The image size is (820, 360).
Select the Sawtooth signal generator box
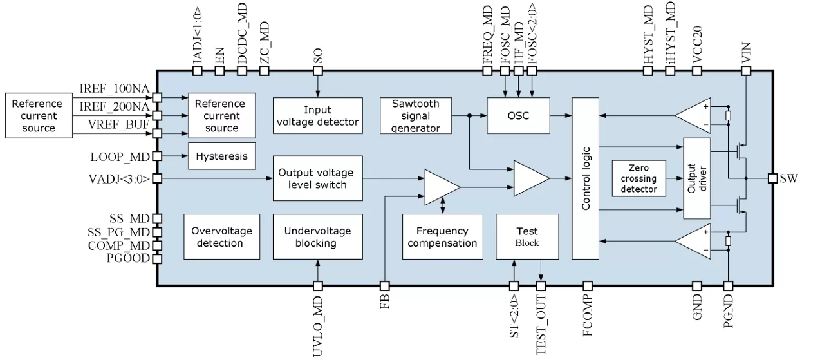tap(416, 116)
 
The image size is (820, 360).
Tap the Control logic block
tap(586, 178)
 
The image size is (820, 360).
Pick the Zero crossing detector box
tap(639, 178)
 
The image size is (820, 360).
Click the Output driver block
tap(696, 178)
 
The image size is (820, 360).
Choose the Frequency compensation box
tap(442, 237)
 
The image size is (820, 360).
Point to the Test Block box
tap(526, 237)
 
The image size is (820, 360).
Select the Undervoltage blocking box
tap(315, 237)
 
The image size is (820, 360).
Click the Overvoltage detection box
tap(221, 237)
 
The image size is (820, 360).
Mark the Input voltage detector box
tap(315, 116)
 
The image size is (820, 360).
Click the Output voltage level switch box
tap(315, 178)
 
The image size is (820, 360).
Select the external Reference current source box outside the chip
tap(37, 116)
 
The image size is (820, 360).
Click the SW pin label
tap(789, 178)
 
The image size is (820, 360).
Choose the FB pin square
tap(384, 285)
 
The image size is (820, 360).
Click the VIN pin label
tap(746, 51)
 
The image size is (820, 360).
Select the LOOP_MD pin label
tap(120, 156)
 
